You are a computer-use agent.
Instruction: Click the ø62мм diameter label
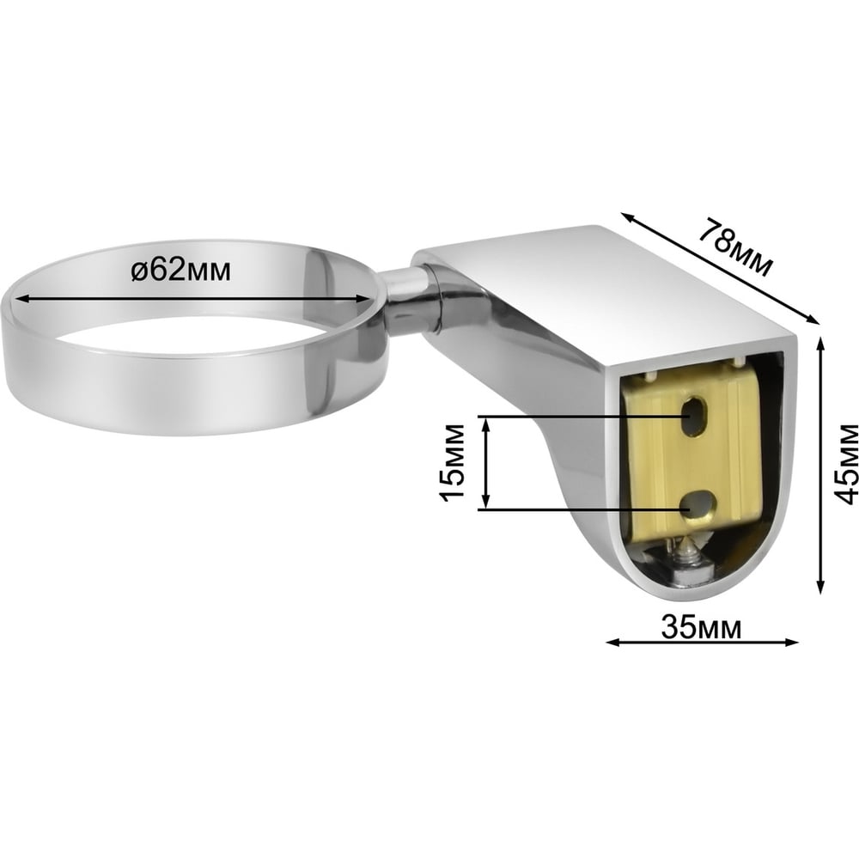click(x=180, y=270)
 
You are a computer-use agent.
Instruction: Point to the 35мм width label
click(x=701, y=627)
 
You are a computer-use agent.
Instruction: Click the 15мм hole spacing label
click(x=453, y=462)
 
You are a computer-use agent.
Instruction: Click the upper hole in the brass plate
click(x=694, y=415)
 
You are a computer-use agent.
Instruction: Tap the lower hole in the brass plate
click(x=698, y=503)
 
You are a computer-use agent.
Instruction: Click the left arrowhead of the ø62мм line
click(x=21, y=299)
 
